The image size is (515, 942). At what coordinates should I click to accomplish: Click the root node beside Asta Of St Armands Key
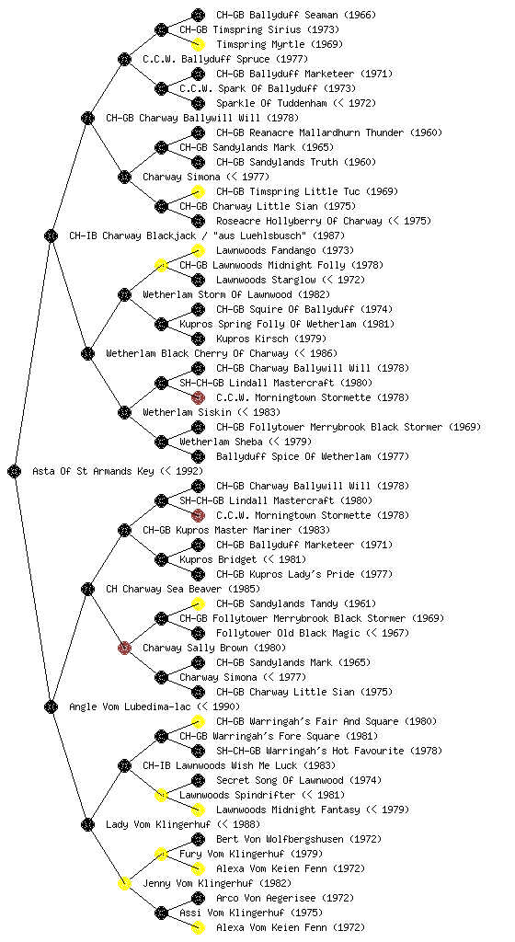tap(15, 471)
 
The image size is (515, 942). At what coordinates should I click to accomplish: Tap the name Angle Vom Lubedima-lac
tap(131, 706)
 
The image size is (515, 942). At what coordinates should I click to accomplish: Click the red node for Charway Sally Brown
tap(124, 648)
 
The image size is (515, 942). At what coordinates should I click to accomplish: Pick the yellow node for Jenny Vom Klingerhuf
tap(124, 883)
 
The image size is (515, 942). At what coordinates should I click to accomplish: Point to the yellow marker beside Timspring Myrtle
tap(198, 44)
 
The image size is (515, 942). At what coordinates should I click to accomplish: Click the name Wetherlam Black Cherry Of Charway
tap(197, 353)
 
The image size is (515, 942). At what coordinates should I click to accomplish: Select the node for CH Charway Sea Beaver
tap(87, 589)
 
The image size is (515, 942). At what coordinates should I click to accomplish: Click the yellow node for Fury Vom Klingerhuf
tap(161, 854)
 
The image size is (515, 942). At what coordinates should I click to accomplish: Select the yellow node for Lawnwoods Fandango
tap(198, 250)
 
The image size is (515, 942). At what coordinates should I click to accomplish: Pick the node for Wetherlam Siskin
tap(124, 412)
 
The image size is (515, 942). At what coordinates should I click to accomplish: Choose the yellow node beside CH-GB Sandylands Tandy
tap(198, 603)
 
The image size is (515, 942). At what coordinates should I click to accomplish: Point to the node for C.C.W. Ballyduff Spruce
tap(124, 59)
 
